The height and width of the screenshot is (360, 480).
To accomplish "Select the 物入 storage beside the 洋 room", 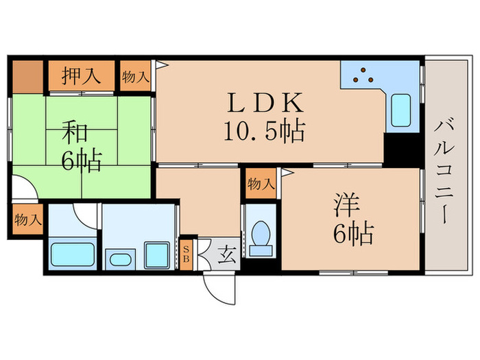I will (x=261, y=184).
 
